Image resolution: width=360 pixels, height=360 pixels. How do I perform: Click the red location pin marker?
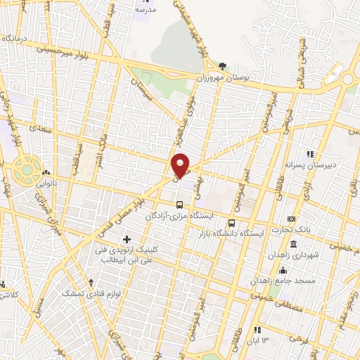(181, 165)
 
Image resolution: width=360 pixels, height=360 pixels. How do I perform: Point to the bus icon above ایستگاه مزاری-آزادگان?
(179, 205)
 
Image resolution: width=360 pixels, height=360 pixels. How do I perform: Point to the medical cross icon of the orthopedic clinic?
(127, 240)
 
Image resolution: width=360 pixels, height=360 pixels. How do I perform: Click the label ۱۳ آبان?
(257, 340)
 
